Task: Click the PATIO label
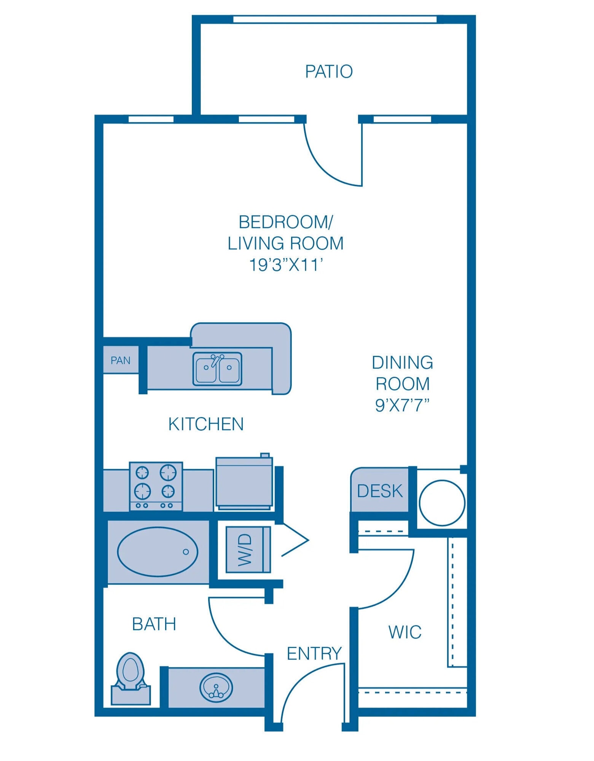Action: [329, 72]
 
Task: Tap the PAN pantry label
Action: [120, 360]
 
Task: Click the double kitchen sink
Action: [217, 368]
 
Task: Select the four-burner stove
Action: [156, 486]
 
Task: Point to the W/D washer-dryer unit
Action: [248, 549]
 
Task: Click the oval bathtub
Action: [158, 552]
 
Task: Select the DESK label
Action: [379, 491]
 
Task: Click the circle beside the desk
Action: [442, 503]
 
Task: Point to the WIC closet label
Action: [404, 632]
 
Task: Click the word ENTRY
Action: [314, 653]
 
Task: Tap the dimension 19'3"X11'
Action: [286, 265]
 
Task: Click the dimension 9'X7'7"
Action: [402, 405]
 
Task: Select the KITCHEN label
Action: [206, 424]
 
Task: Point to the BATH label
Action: [154, 624]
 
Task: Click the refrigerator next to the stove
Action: [244, 484]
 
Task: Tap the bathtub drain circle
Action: [186, 552]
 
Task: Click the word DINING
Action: [402, 362]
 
